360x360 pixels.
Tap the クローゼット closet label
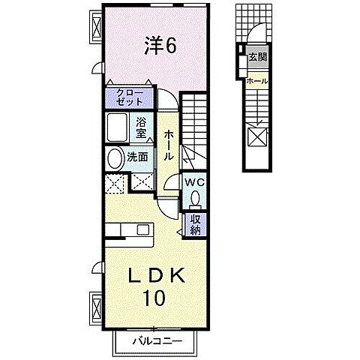pyautogui.click(x=130, y=97)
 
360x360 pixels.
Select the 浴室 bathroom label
pyautogui.click(x=142, y=127)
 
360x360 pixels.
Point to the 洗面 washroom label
pyautogui.click(x=136, y=157)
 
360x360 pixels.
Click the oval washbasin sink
pyautogui.click(x=114, y=158)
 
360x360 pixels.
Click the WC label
pyautogui.click(x=195, y=182)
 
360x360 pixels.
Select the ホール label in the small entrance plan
pyautogui.click(x=257, y=80)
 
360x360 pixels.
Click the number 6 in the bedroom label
pyautogui.click(x=171, y=46)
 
